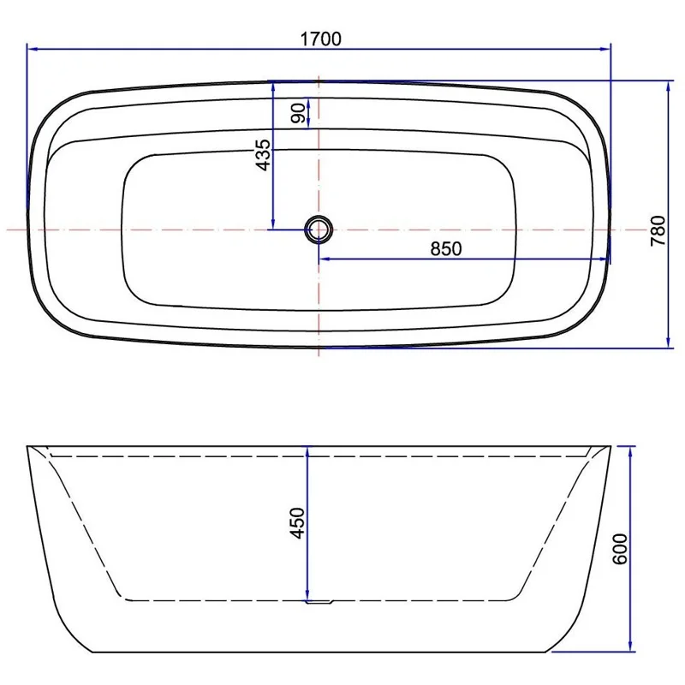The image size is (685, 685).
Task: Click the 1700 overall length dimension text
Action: click(x=320, y=38)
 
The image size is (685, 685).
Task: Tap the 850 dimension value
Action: click(x=445, y=249)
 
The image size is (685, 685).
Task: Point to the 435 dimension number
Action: click(x=263, y=154)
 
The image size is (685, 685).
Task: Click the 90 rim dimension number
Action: click(x=298, y=113)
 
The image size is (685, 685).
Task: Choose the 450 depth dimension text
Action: click(x=297, y=522)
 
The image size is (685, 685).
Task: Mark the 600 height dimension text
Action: click(x=621, y=548)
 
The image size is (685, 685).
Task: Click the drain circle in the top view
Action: click(x=319, y=229)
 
